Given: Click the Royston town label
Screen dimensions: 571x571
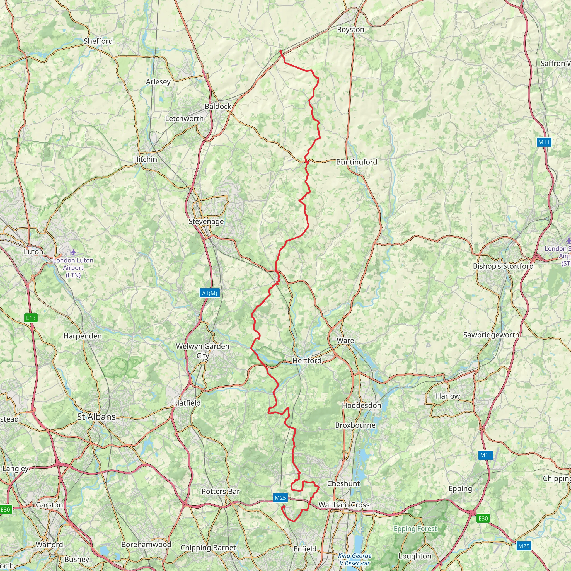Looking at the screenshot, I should tap(350, 30).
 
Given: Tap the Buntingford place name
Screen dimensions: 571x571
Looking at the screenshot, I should tap(357, 162).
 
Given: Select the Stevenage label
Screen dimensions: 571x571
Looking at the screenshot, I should tap(206, 222).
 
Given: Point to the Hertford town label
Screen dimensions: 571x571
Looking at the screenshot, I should tap(307, 360).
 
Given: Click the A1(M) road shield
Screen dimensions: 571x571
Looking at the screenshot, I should tap(210, 293).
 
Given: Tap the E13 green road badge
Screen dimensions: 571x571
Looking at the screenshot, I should tap(31, 318).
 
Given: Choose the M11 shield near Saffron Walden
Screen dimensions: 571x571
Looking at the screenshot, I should tap(544, 142).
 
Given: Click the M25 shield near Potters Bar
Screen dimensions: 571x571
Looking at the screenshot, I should tap(280, 498).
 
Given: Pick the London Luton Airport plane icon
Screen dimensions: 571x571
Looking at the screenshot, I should tap(73, 252).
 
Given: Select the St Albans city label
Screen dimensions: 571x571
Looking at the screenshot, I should tap(96, 417).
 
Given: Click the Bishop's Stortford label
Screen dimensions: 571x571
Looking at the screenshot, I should tap(503, 266).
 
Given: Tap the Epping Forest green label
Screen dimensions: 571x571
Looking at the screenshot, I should tap(415, 528).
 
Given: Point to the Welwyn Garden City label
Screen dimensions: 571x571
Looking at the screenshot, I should tap(202, 351).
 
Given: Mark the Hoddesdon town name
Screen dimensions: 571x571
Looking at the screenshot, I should tap(361, 405).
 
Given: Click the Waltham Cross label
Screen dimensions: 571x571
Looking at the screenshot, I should tap(344, 505).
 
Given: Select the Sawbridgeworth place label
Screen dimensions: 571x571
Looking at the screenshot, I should tap(491, 335).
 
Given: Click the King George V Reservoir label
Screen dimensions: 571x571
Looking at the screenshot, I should tap(355, 559).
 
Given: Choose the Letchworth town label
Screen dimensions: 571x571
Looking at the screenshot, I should tap(184, 119).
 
